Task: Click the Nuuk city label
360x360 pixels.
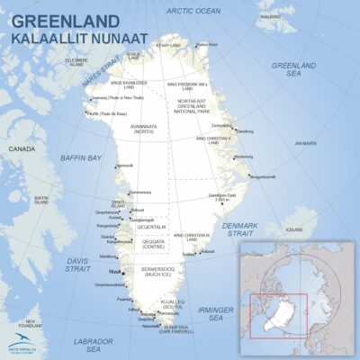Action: click(x=114, y=270)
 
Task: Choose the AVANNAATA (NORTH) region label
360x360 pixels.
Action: click(x=145, y=130)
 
